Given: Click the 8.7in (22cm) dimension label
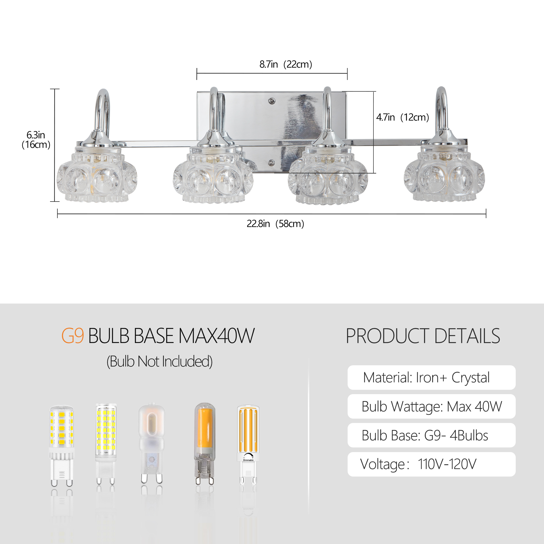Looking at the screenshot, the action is (286, 64).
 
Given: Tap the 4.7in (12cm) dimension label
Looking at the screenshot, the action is (402, 117).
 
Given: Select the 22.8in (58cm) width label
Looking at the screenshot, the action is (275, 224).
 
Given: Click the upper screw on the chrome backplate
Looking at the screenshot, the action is (271, 101).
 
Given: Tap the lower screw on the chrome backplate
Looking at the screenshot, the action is (271, 162).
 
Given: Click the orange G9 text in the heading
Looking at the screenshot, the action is (73, 336).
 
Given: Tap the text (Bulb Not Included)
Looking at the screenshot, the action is (159, 361).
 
